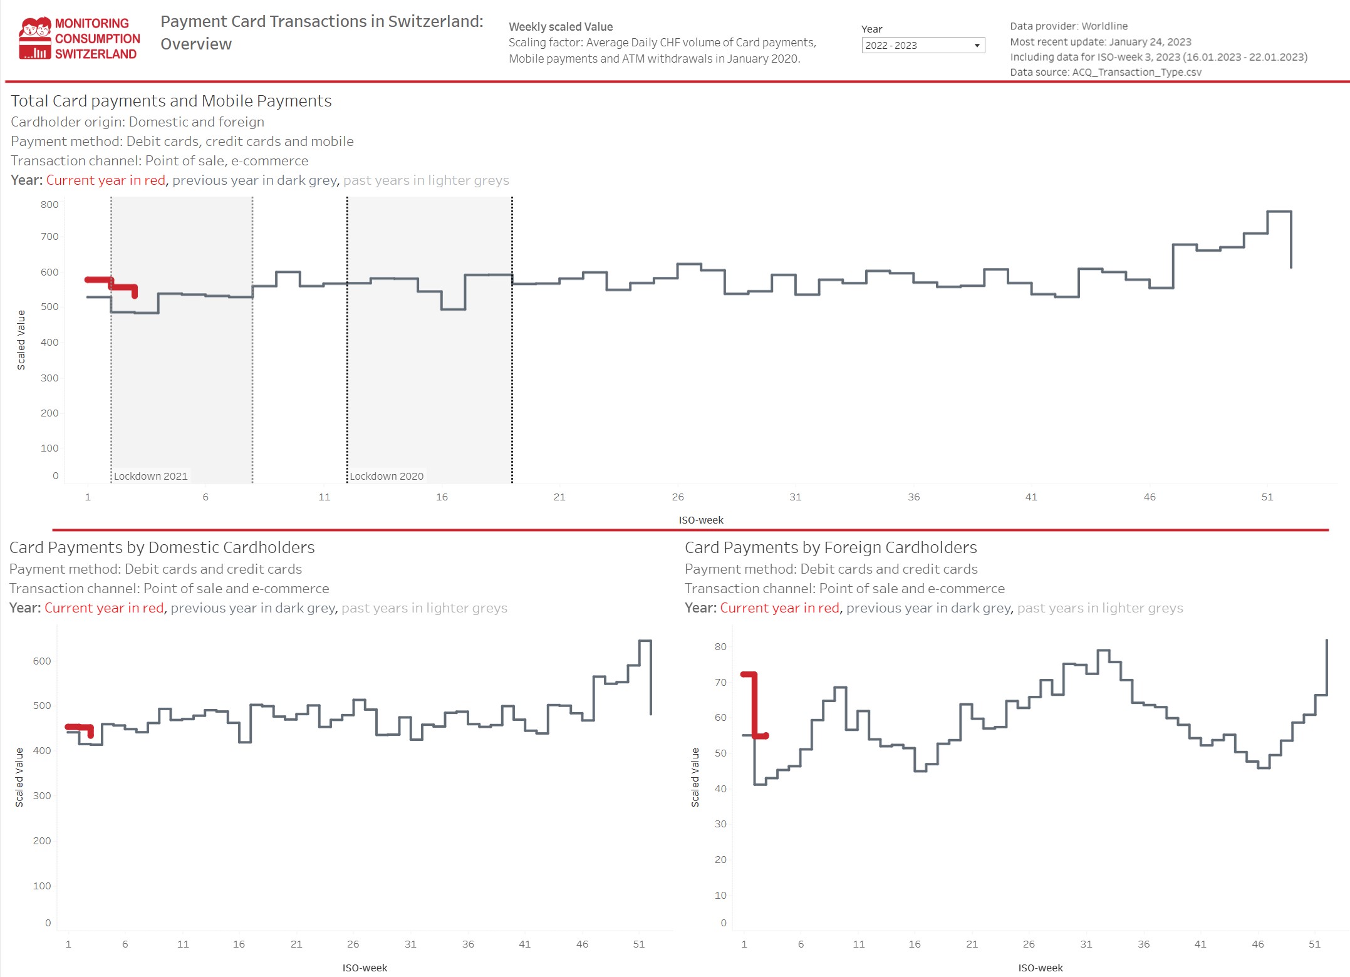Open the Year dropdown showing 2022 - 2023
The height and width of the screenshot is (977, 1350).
(922, 45)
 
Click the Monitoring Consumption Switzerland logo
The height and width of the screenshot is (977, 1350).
(79, 39)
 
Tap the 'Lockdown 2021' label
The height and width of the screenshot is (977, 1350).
(150, 476)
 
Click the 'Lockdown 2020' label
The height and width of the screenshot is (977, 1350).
(387, 476)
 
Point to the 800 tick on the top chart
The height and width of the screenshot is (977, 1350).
(49, 204)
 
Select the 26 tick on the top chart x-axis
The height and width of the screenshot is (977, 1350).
(678, 497)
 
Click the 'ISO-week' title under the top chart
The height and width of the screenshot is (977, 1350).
(700, 520)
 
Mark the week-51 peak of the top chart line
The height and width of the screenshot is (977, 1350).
(1279, 212)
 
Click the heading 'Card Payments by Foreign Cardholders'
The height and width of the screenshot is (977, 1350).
(830, 547)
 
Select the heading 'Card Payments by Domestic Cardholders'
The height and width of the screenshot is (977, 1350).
(162, 547)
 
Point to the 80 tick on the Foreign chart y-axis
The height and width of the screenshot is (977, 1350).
(720, 646)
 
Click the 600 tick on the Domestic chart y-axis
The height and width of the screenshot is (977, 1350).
(42, 661)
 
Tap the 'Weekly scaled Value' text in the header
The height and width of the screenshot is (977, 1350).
(560, 26)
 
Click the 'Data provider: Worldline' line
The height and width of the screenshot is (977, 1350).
(1068, 26)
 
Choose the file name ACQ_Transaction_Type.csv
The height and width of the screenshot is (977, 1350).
(1136, 72)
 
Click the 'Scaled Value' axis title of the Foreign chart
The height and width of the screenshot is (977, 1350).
(695, 777)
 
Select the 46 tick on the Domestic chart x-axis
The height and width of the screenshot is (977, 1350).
(582, 944)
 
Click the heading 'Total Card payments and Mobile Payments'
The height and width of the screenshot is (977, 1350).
(171, 101)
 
